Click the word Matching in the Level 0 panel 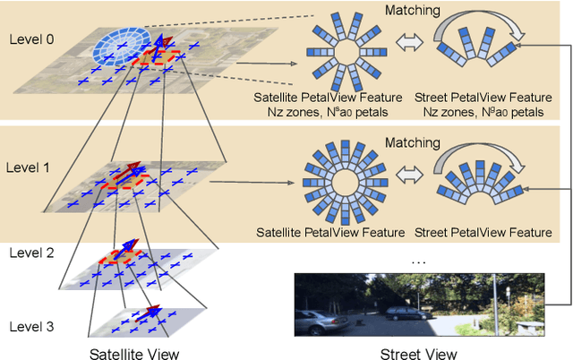[413, 12]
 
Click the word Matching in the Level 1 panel [413, 142]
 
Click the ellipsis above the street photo [417, 261]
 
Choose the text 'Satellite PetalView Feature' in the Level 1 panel [340, 232]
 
